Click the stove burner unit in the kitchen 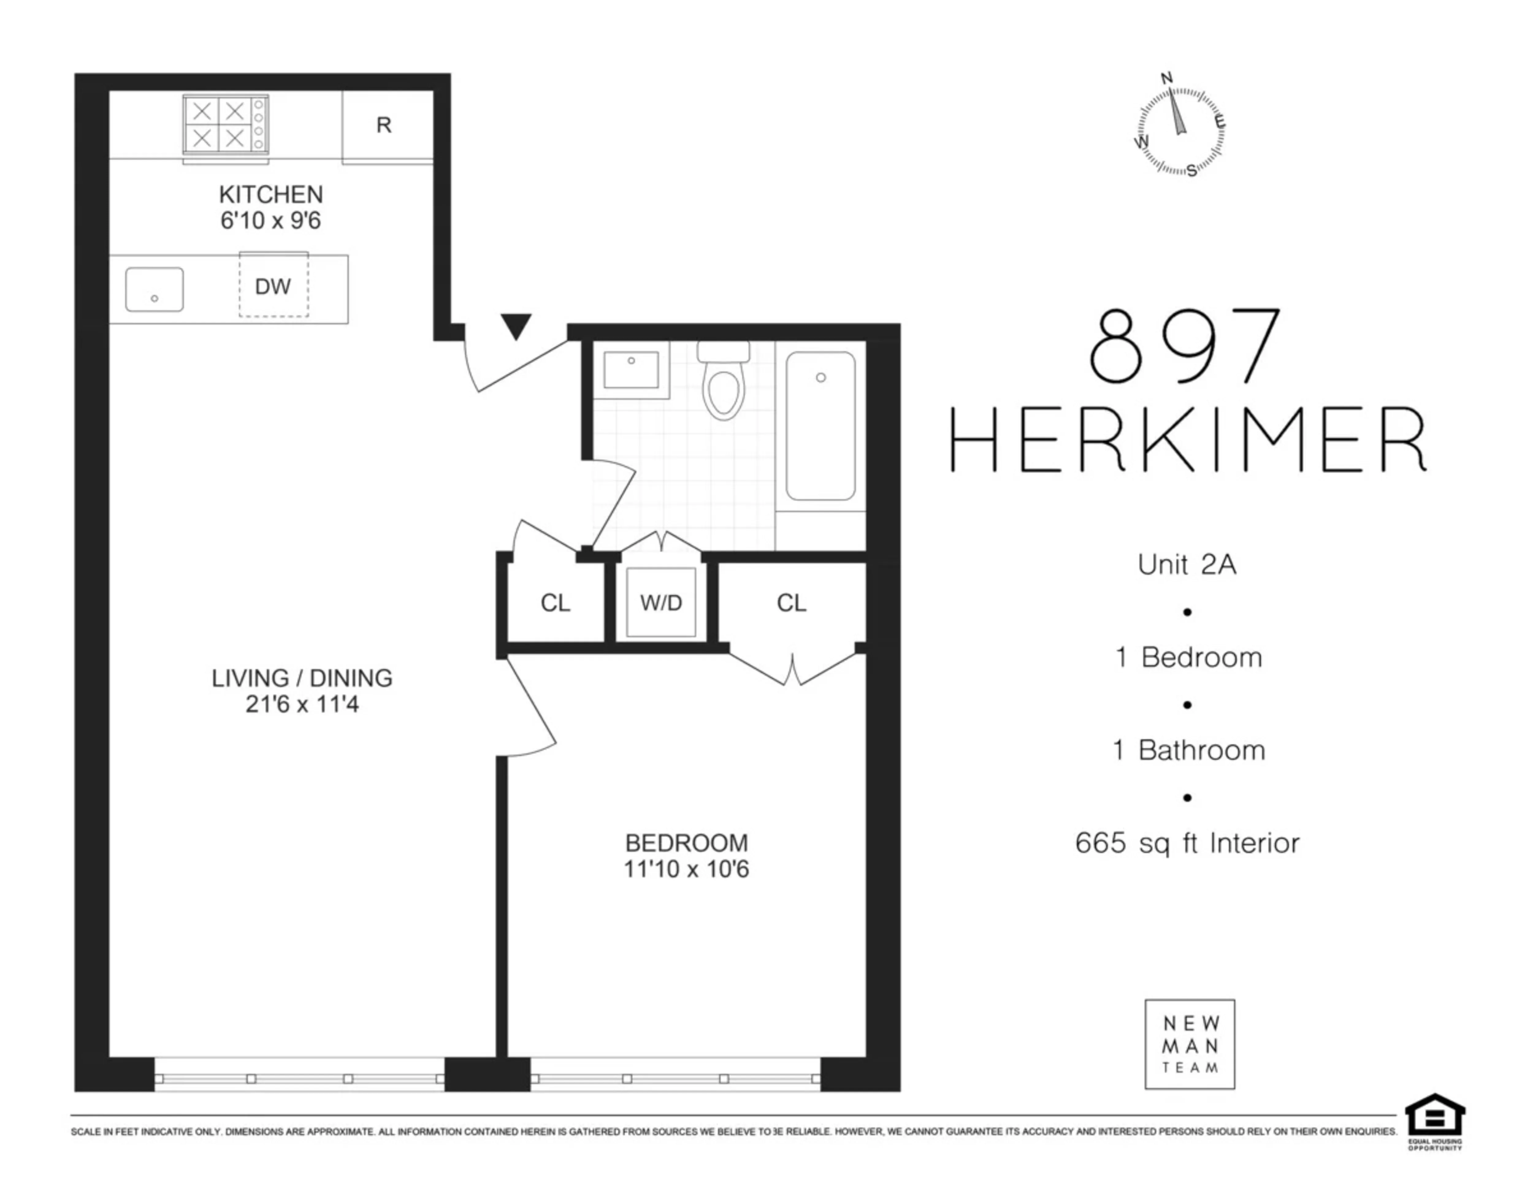(x=225, y=125)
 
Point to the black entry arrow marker (x=516, y=326)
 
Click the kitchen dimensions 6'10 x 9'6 (x=271, y=220)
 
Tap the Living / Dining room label (x=302, y=678)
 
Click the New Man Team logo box (x=1190, y=1044)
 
